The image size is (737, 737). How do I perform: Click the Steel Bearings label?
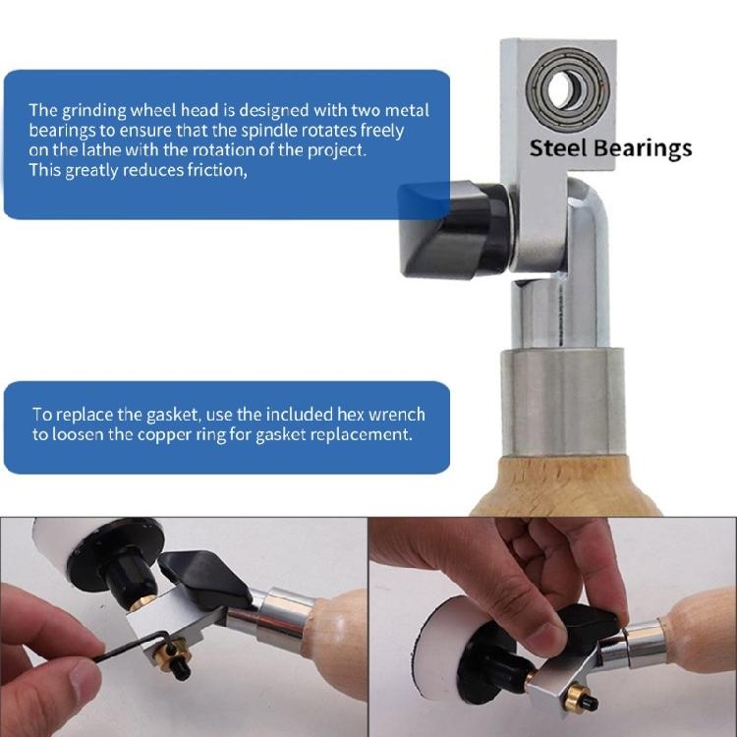[610, 148]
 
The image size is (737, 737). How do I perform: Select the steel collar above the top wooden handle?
[556, 394]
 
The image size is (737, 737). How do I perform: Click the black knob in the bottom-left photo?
[197, 575]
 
